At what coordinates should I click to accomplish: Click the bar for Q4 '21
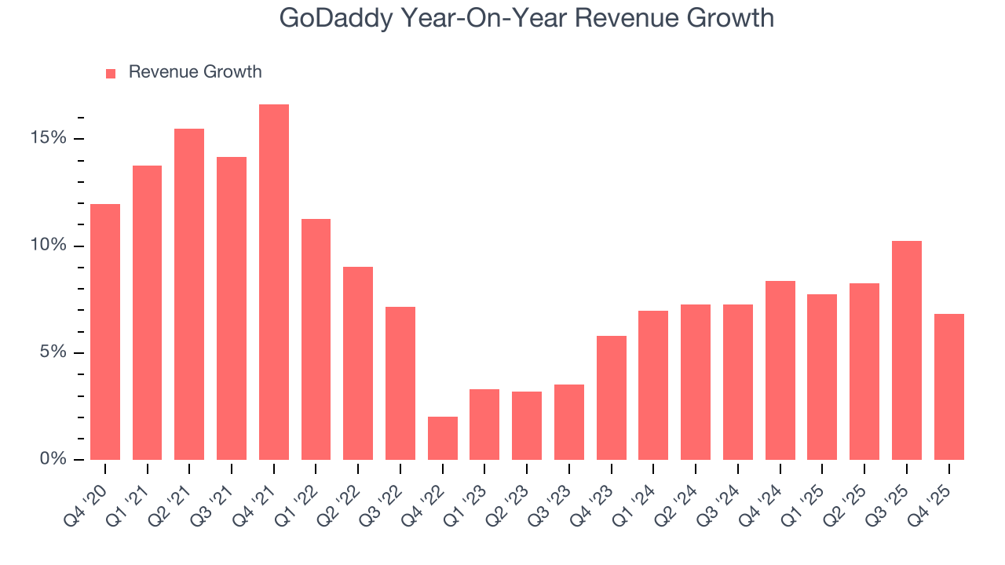point(274,282)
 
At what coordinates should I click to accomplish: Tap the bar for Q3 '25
point(907,350)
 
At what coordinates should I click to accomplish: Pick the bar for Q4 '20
point(105,332)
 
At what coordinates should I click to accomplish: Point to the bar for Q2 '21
point(189,294)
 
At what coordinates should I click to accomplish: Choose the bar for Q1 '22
point(316,339)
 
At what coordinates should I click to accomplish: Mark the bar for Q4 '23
point(612,398)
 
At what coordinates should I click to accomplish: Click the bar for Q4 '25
point(949,387)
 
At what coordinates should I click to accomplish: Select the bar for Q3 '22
point(400,383)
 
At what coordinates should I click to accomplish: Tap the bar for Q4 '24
point(780,370)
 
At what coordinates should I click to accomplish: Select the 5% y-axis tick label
point(53,352)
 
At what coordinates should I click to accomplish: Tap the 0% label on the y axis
point(53,459)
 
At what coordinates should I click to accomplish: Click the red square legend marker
point(111,73)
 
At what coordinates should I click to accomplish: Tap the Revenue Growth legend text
point(195,72)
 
